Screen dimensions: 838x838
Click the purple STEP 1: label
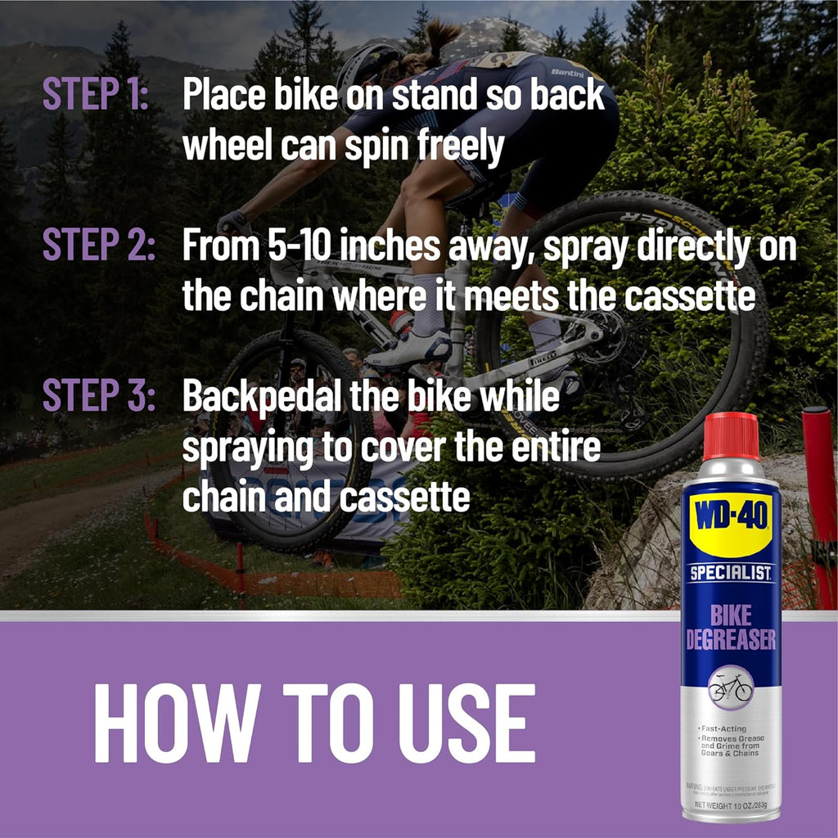point(95,96)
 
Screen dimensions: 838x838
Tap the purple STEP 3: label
point(98,396)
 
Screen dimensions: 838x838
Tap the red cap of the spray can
point(731,435)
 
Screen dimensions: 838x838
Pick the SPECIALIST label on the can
point(731,574)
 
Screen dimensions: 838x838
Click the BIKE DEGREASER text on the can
point(731,626)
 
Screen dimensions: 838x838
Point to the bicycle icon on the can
point(731,687)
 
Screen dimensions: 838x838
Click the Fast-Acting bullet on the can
point(725,728)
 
